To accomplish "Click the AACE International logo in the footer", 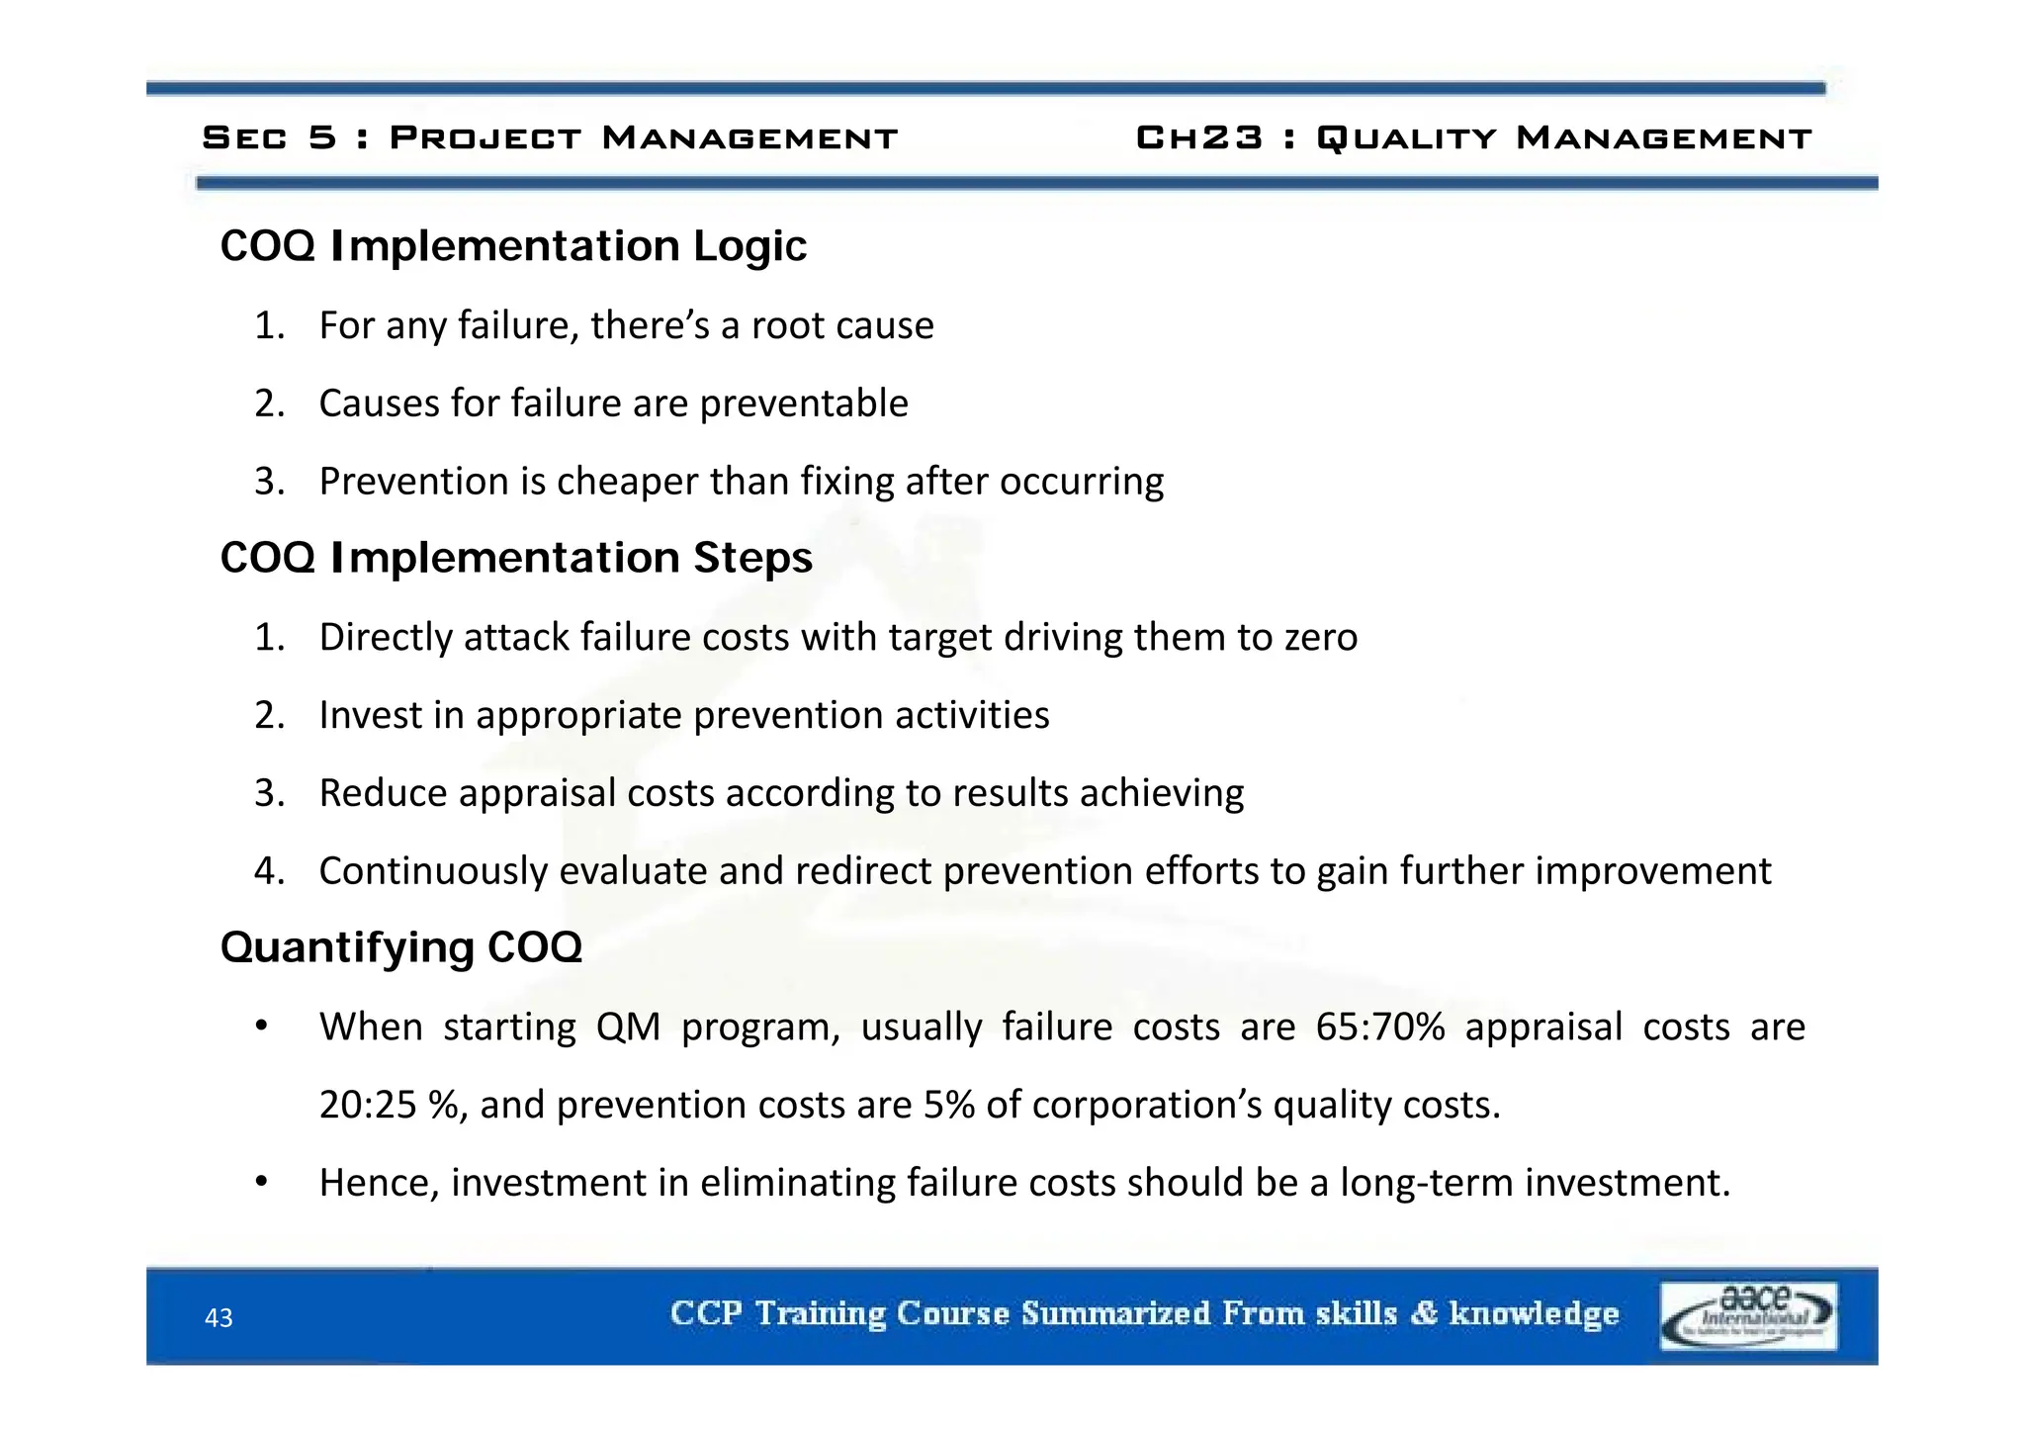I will click(1748, 1315).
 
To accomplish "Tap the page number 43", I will click(219, 1318).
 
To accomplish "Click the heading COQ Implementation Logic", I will click(513, 245).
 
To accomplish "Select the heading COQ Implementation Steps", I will click(516, 558).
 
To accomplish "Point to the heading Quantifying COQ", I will click(400, 947).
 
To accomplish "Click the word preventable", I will click(803, 404).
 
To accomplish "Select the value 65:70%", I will click(1380, 1028).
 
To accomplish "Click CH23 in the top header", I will click(1199, 137).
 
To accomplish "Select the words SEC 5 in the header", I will click(269, 137).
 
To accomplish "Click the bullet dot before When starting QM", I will click(261, 1027).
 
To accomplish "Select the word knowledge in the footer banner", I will click(1534, 1313).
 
